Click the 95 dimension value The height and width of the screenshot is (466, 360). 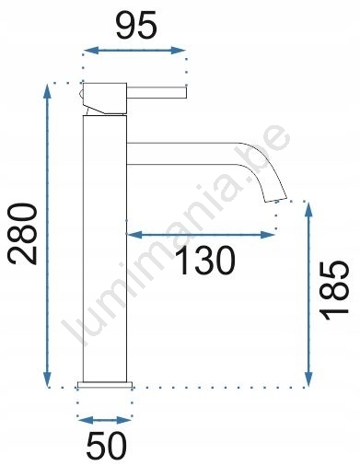136,26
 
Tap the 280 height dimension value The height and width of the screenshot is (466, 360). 23,233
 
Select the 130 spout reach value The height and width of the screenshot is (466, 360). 206,261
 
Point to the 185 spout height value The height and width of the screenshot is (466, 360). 334,290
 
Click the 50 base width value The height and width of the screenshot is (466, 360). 106,445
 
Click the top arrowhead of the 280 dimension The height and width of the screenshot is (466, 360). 47,91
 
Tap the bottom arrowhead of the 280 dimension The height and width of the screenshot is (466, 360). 47,379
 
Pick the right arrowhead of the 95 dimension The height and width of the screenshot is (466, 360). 178,51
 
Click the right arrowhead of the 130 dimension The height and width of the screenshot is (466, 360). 267,235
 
